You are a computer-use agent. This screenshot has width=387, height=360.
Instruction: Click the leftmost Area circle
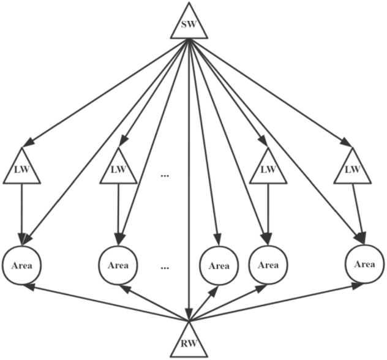tap(22, 266)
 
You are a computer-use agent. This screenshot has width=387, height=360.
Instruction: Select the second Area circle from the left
tap(118, 266)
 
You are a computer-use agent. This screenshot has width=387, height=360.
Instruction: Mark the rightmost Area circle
tap(364, 264)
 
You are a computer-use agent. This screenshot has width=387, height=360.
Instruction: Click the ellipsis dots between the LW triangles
tap(164, 176)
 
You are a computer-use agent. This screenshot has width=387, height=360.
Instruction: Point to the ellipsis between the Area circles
tap(164, 268)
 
